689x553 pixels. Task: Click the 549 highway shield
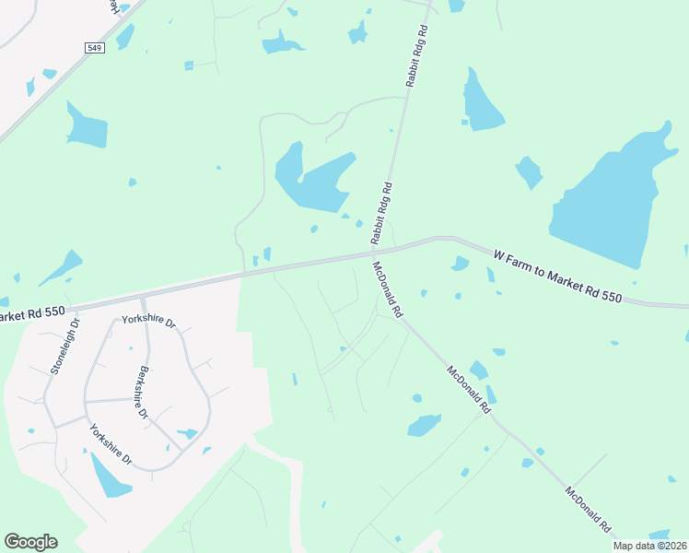click(95, 47)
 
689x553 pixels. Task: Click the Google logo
click(30, 542)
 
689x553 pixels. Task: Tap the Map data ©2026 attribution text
click(650, 546)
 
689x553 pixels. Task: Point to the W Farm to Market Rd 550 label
click(557, 276)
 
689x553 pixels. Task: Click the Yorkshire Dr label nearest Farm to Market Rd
click(148, 322)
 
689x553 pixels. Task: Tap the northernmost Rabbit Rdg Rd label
click(418, 56)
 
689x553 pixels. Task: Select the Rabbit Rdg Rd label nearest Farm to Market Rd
click(381, 213)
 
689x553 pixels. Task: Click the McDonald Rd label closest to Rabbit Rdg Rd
click(387, 289)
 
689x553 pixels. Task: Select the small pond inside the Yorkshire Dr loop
click(188, 432)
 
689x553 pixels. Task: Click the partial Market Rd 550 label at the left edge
click(32, 314)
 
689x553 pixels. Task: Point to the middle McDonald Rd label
click(467, 389)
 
